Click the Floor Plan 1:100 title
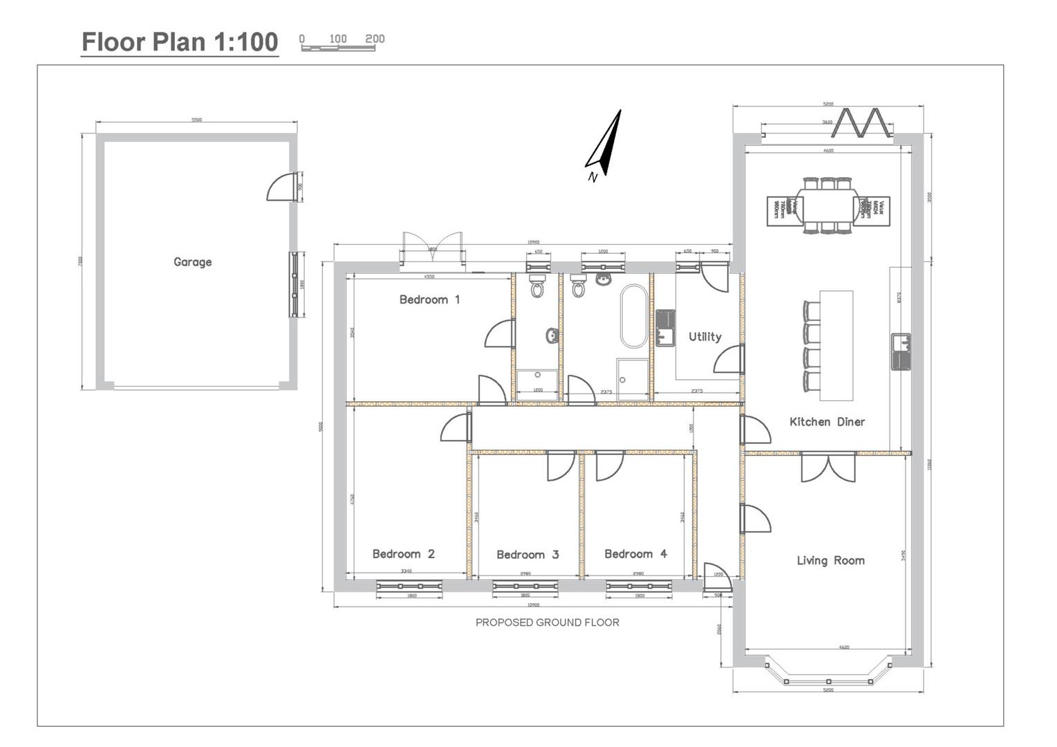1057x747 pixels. [x=180, y=42]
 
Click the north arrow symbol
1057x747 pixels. [x=605, y=145]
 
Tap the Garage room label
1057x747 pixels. [x=192, y=262]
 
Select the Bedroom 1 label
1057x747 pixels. [x=429, y=299]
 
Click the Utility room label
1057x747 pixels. [x=704, y=337]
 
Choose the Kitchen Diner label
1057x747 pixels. [x=827, y=422]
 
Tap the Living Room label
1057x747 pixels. [x=830, y=560]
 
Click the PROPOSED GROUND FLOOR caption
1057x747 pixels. [x=547, y=622]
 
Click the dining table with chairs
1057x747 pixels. [x=828, y=206]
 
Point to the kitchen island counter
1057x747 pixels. [x=836, y=345]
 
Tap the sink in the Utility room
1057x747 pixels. [x=665, y=328]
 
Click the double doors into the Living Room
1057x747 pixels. [x=828, y=468]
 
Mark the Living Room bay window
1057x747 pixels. [x=827, y=673]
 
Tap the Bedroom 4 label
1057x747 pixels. [x=635, y=554]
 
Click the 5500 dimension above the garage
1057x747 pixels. [x=197, y=120]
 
